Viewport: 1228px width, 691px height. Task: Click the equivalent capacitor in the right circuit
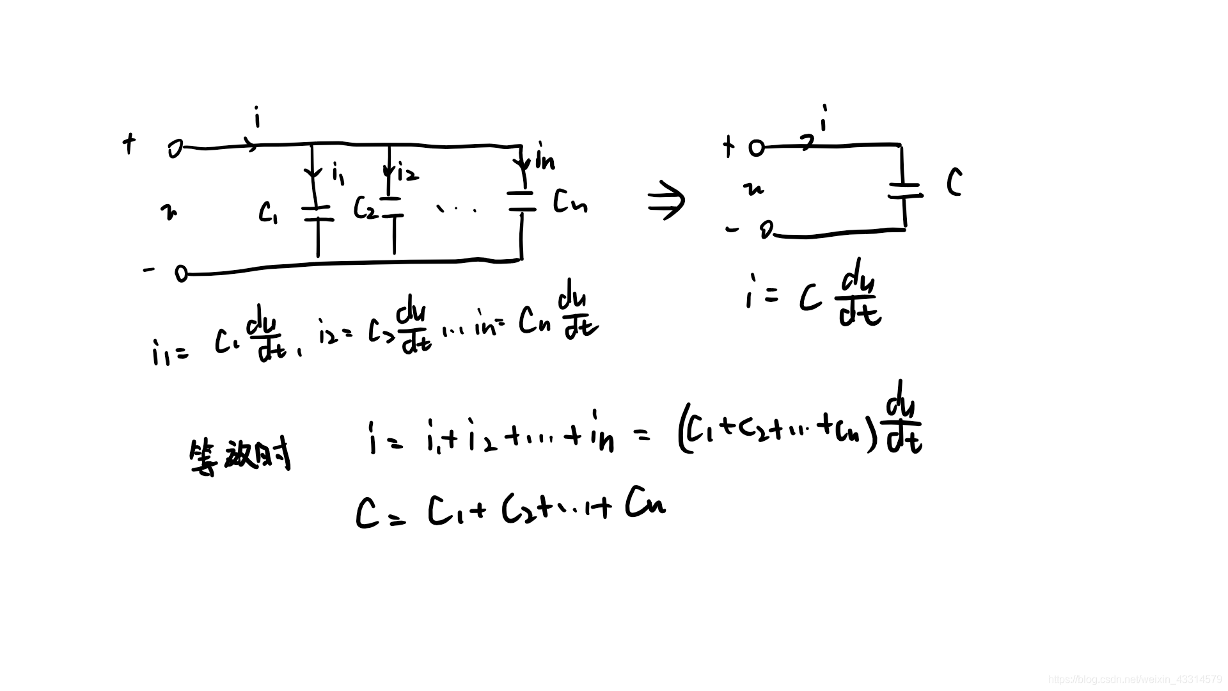904,190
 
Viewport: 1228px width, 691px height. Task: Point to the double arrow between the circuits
666,200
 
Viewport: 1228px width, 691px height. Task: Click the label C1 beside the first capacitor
268,212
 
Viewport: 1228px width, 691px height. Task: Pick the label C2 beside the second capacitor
365,208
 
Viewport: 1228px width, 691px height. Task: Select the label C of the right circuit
954,183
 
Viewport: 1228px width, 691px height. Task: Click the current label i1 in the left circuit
338,172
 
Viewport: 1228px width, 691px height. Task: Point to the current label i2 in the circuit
407,171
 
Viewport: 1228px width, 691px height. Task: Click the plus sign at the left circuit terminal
129,144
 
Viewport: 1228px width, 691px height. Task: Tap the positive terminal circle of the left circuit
175,149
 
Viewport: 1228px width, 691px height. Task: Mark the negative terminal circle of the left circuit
181,274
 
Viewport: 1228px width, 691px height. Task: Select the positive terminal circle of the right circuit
756,148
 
